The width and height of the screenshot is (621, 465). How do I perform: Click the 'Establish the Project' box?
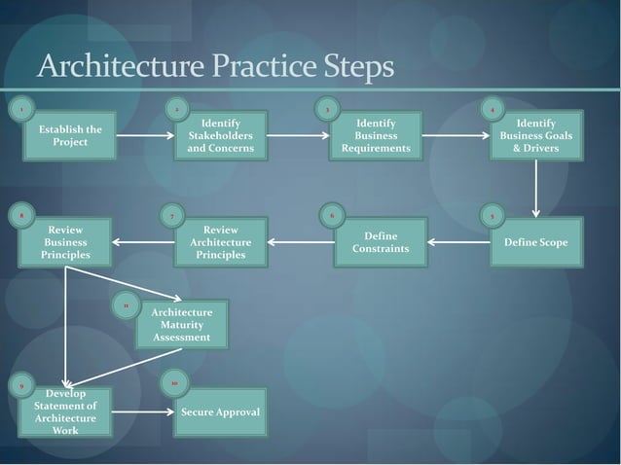70,136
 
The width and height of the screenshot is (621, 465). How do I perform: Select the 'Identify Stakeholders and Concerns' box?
220,136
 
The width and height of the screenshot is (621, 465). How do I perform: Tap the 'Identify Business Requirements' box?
375,136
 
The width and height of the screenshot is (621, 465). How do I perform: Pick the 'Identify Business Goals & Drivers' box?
535,136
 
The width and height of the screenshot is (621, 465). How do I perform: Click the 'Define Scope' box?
535,242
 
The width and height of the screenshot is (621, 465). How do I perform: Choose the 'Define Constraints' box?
380,242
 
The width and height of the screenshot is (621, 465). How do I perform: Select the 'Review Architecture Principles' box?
220,242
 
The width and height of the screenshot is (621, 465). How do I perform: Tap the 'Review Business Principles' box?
65,242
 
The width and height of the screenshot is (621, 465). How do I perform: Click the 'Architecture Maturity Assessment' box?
181,325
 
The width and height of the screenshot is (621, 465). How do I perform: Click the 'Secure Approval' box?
220,412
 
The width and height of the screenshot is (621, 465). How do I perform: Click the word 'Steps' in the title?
354,68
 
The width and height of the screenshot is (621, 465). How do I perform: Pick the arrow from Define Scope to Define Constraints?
457,242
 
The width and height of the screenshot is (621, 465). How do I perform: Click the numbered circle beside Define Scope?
493,215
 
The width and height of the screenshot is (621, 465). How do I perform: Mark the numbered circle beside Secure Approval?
173,384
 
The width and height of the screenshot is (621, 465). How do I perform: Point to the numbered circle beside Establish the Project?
20,109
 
